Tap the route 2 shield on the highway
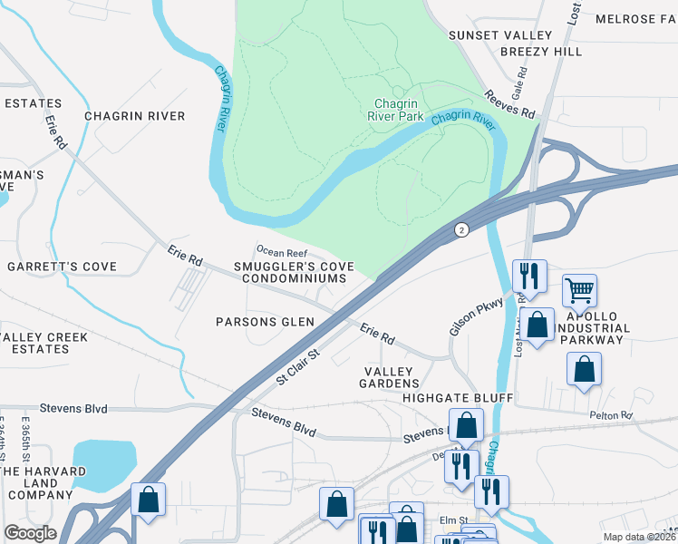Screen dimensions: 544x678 pyautogui.click(x=461, y=230)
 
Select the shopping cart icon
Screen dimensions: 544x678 pyautogui.click(x=579, y=291)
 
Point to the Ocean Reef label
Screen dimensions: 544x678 pyautogui.click(x=282, y=251)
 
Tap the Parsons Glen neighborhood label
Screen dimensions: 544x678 pyautogui.click(x=265, y=322)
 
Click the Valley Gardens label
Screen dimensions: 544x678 pyautogui.click(x=389, y=379)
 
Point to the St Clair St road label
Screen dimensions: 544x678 pyautogui.click(x=298, y=367)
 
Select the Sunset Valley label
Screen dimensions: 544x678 pyautogui.click(x=499, y=34)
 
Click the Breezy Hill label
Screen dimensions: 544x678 pyautogui.click(x=541, y=52)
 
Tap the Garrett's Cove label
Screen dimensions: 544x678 pyautogui.click(x=63, y=267)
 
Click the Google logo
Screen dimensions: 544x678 pyautogui.click(x=30, y=532)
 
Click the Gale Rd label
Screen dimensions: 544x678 pyautogui.click(x=518, y=89)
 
